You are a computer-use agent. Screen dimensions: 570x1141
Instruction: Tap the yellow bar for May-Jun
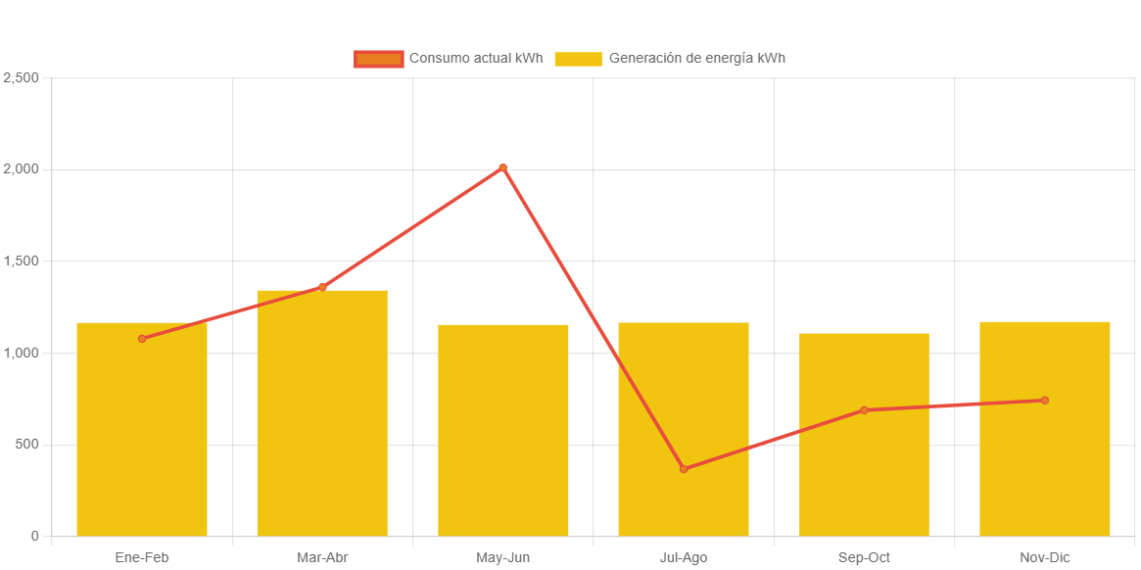[x=503, y=431]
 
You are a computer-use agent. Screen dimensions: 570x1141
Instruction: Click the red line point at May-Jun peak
[x=503, y=167]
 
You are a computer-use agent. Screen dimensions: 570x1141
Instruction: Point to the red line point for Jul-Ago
[x=684, y=469]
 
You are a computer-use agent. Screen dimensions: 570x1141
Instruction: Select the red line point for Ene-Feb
[x=142, y=339]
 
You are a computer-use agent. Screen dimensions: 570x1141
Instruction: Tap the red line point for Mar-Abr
[x=322, y=287]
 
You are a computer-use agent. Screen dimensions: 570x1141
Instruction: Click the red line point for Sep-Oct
[x=864, y=410]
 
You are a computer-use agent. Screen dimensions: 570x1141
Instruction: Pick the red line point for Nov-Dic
[x=1045, y=401]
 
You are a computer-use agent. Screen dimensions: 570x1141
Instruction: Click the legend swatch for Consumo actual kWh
[x=379, y=59]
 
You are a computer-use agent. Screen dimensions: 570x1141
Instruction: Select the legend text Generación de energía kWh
[x=696, y=59]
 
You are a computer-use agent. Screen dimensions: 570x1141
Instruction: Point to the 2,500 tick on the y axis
[x=21, y=77]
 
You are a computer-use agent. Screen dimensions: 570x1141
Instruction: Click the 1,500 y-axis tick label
[x=21, y=261]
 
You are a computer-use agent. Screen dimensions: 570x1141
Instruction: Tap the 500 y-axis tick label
[x=25, y=445]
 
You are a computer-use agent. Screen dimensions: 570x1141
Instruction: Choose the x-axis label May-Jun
[x=503, y=558]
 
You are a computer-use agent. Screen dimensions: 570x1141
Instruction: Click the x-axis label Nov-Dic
[x=1045, y=558]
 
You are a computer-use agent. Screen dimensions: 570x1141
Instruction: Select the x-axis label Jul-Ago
[x=684, y=558]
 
